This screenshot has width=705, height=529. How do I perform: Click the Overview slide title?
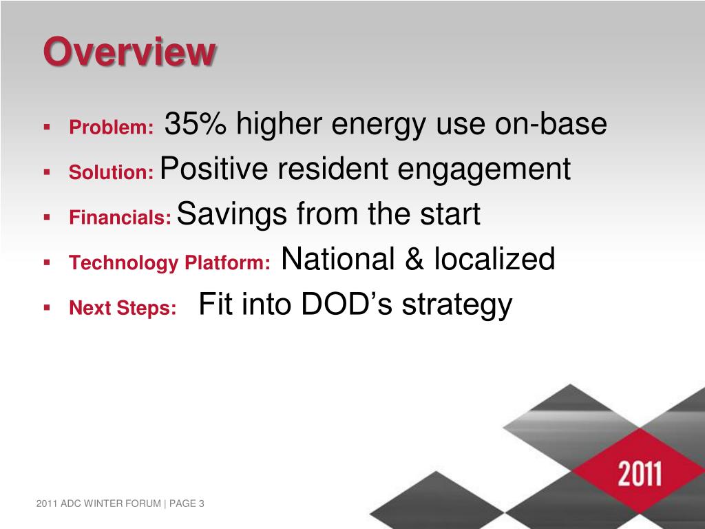[x=129, y=52]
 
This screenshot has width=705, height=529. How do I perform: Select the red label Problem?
[x=112, y=127]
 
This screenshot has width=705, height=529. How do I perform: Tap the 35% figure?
[x=195, y=123]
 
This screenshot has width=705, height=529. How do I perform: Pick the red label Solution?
[x=112, y=172]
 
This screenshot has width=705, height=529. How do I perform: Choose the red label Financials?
[x=120, y=217]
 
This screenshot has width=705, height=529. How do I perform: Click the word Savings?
[x=232, y=215]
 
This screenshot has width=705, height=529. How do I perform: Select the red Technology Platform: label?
[x=169, y=263]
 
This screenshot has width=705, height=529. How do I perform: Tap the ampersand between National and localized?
[x=414, y=259]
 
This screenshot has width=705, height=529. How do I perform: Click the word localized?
[x=494, y=259]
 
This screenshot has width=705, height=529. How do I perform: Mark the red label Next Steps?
[x=123, y=308]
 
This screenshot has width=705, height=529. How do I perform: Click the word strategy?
[x=457, y=306]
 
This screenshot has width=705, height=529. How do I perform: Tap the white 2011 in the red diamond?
[x=640, y=473]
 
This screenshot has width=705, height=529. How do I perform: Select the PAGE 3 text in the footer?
[x=187, y=504]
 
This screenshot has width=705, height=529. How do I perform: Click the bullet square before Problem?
[x=47, y=127]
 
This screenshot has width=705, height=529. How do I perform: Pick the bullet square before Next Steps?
[x=47, y=308]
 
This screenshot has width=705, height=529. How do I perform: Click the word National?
[x=338, y=259]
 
